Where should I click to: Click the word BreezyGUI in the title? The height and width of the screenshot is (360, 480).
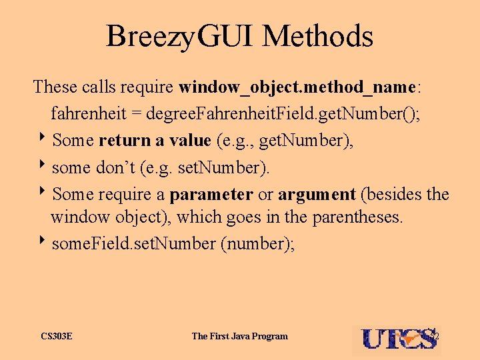pos(179,37)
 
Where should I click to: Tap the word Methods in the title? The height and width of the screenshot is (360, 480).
pos(318,37)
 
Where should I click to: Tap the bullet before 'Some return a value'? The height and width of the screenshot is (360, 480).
pos(43,139)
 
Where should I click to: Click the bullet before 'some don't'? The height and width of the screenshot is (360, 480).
pos(43,167)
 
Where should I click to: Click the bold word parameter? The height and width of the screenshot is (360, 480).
pos(211,195)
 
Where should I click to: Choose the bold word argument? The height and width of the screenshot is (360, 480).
pos(317,195)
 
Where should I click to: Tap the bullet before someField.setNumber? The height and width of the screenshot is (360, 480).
pos(43,243)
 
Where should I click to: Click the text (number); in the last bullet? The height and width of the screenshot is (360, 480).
pos(257,245)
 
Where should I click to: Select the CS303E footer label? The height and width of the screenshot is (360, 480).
pos(56,336)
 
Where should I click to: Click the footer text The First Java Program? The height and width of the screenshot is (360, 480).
pos(239,336)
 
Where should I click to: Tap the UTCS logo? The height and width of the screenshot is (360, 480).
pos(398,339)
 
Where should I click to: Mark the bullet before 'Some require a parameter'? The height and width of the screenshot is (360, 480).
pos(43,194)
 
